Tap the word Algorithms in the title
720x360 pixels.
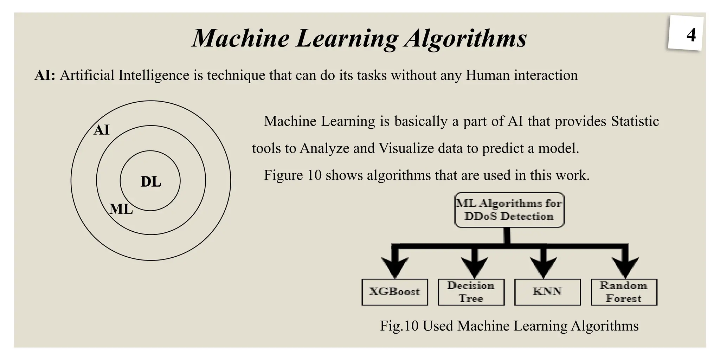[x=465, y=38]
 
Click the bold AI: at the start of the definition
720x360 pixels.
[x=45, y=75]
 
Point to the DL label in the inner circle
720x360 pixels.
[x=151, y=182]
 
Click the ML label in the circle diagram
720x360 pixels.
[x=121, y=209]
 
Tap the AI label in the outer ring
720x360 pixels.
[x=102, y=130]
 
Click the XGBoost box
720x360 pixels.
[x=394, y=292]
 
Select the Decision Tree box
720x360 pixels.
[x=471, y=292]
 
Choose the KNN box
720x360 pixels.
[x=547, y=292]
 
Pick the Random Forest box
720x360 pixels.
[x=624, y=292]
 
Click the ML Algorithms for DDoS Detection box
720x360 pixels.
[x=509, y=210]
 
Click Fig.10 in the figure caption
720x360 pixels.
[x=399, y=326]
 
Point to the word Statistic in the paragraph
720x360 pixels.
[x=635, y=121]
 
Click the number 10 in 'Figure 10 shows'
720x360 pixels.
[x=314, y=175]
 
